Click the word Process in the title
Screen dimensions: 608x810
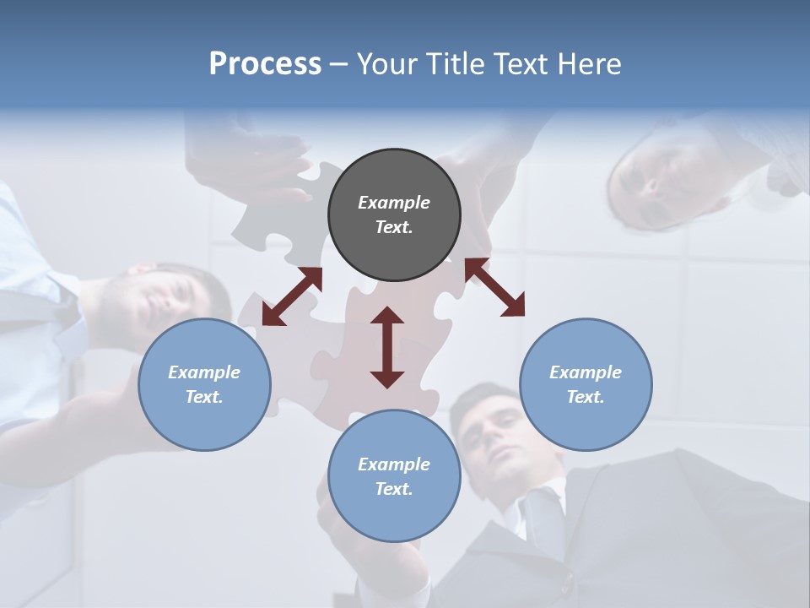pos(265,64)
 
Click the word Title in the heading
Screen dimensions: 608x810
pos(451,64)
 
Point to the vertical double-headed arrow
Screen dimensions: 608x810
pos(387,347)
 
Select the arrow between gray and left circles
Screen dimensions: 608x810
pos(292,296)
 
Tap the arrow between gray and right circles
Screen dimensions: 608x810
pos(494,287)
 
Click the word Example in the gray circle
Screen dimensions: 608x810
pos(394,203)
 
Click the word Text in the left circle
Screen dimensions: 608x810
pos(204,397)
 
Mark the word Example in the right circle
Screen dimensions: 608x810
pos(586,372)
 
